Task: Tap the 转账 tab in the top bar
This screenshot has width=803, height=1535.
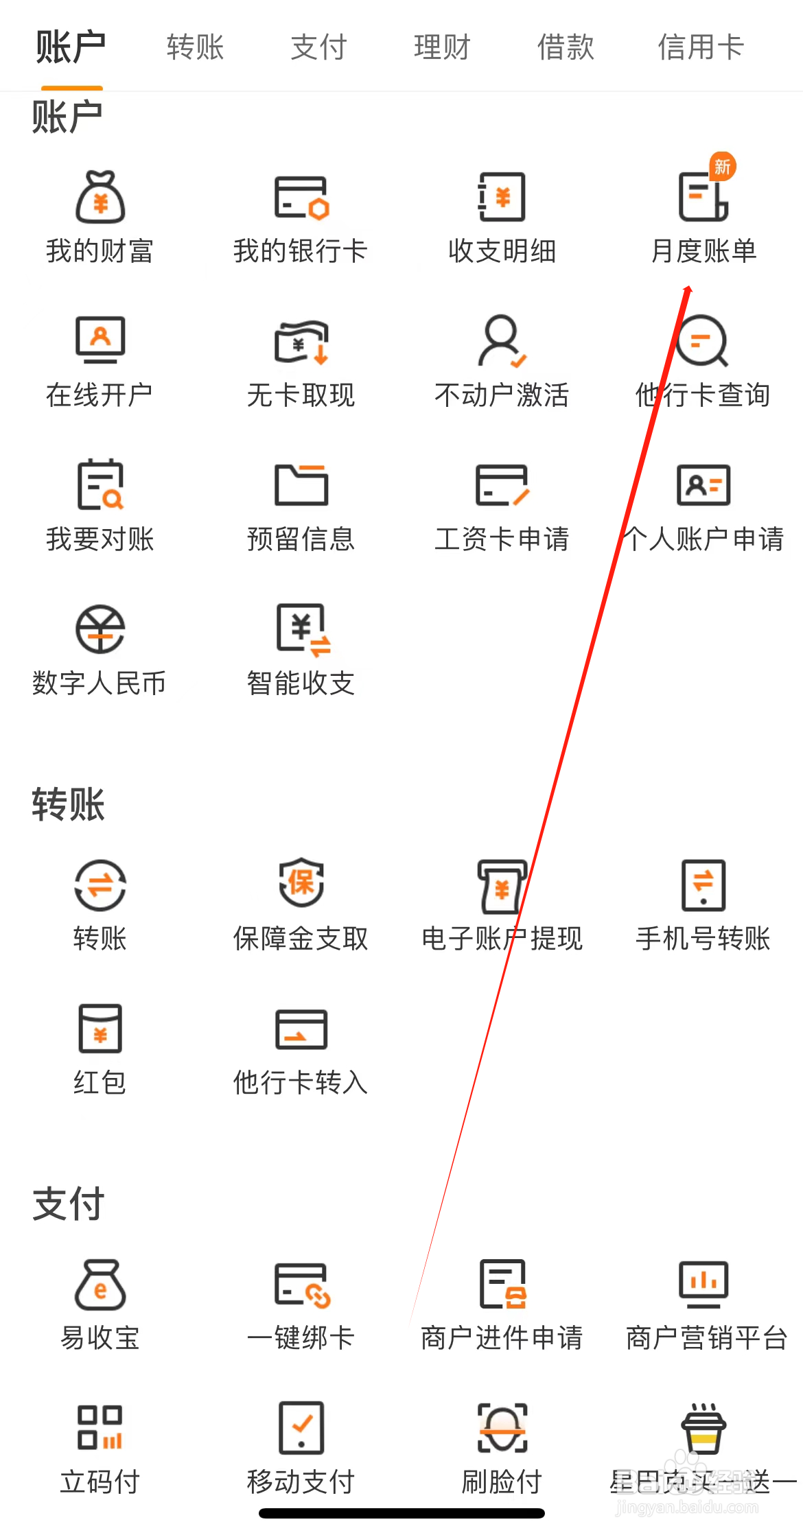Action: tap(195, 47)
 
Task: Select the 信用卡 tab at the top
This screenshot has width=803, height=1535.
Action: tap(701, 47)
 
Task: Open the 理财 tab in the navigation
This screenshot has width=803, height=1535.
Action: tap(442, 47)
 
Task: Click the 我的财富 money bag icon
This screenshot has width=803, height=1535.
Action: tap(100, 198)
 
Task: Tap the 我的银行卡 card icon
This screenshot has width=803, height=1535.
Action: tap(301, 198)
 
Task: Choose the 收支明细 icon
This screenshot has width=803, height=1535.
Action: tap(502, 198)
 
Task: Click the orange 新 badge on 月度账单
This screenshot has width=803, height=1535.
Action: tap(722, 167)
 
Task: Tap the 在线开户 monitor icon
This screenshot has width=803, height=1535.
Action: tap(100, 340)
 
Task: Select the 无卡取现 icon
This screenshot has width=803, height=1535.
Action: tap(301, 341)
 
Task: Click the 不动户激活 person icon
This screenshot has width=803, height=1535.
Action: tap(502, 341)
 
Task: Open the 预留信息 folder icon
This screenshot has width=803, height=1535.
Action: tap(301, 485)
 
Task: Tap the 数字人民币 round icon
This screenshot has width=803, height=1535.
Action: tap(100, 629)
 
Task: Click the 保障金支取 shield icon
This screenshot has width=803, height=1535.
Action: tap(301, 883)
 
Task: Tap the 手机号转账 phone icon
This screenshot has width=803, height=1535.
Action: tap(703, 884)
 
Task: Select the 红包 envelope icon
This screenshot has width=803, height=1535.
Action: tap(100, 1029)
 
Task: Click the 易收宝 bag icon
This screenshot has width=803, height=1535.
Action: tap(100, 1285)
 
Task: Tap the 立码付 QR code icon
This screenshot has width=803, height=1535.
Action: tap(100, 1428)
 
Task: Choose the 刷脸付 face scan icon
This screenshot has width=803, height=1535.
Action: tap(502, 1428)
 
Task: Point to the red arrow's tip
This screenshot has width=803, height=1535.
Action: tap(688, 287)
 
